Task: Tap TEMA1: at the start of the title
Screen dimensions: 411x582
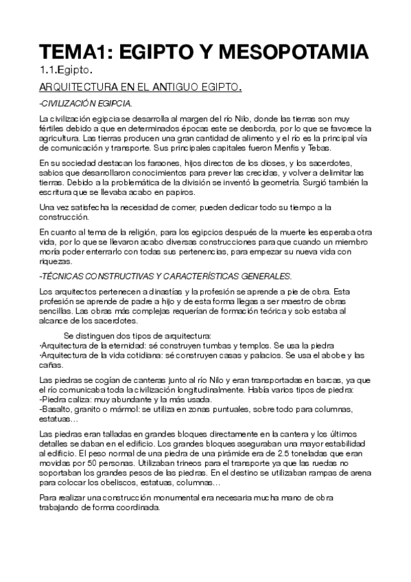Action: tap(74, 52)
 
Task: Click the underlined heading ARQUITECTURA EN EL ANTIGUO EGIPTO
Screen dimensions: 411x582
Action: tap(141, 88)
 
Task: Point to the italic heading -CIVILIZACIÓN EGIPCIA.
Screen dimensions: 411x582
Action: tap(86, 104)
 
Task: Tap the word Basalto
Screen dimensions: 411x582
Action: tap(56, 409)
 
